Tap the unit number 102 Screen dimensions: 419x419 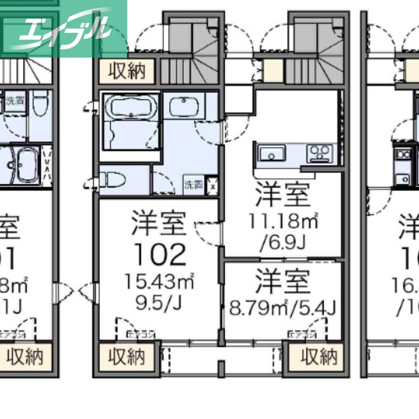pos(159,255)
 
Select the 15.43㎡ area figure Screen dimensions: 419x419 pos(159,283)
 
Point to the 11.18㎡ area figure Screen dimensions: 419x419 pos(283,222)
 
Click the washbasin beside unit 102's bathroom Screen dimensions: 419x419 pos(184,108)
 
